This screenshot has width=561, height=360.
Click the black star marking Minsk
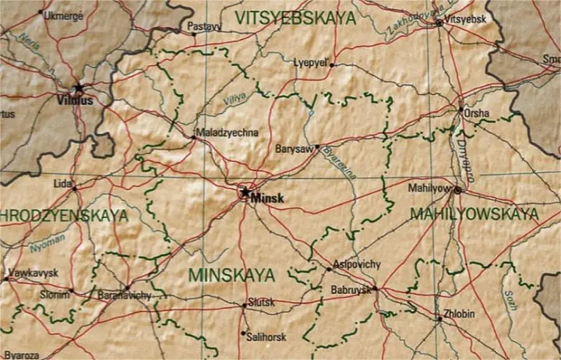245,192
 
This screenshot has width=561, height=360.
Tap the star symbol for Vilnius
78,88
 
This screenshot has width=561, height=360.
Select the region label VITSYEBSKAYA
295,17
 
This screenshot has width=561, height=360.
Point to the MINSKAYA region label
232,275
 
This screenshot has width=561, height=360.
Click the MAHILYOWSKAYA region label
474,213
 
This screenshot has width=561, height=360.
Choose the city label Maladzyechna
226,132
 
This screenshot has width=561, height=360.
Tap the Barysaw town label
294,149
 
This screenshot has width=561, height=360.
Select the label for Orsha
477,114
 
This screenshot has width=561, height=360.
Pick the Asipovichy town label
356,264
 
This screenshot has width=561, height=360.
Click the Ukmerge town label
63,15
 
